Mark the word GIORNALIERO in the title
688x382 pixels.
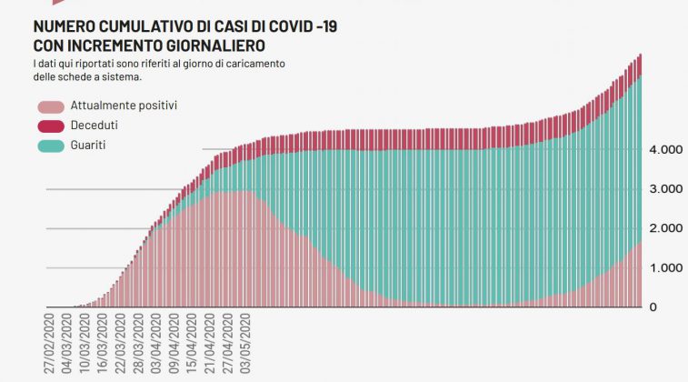(x=214, y=45)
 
